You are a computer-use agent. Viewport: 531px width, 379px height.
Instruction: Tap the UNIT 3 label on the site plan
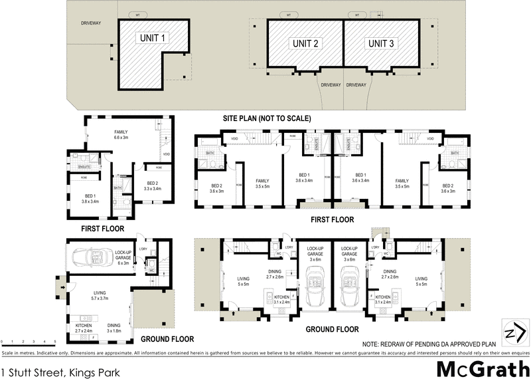pos(381,43)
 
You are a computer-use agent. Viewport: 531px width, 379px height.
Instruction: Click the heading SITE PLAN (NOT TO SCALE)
pos(267,118)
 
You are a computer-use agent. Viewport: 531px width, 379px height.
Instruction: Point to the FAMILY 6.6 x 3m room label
pos(121,135)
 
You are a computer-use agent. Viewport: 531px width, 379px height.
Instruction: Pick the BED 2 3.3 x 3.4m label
pos(152,186)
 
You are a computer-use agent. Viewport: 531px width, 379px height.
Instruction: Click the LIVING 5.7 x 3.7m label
pos(101,295)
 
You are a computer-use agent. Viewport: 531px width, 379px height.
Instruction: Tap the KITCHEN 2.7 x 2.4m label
pos(83,327)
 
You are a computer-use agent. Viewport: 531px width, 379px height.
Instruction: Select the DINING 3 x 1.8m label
pos(118,327)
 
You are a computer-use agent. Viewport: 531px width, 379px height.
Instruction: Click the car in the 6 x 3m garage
pos(92,257)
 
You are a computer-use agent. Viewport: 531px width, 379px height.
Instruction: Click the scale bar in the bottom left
pos(27,341)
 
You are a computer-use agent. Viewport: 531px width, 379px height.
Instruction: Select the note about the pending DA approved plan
pos(429,342)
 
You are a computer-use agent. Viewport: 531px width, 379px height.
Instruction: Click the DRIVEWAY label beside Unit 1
pos(91,23)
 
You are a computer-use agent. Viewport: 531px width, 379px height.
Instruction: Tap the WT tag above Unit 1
pos(137,13)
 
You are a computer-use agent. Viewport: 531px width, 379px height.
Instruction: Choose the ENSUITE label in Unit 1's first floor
pos(84,166)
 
